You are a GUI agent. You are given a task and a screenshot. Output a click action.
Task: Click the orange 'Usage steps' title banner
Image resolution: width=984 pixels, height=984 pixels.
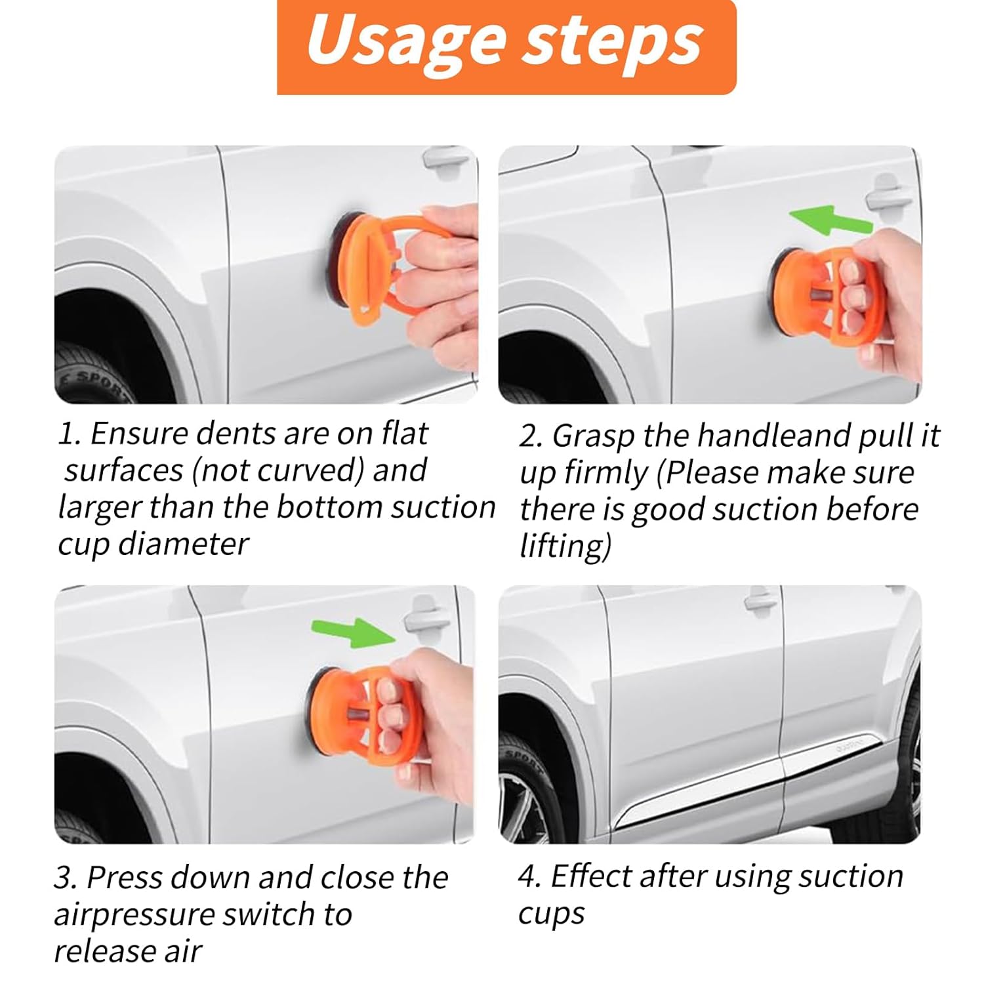tap(506, 47)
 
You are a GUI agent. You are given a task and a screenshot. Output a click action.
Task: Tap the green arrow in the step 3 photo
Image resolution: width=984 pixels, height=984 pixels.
tap(353, 632)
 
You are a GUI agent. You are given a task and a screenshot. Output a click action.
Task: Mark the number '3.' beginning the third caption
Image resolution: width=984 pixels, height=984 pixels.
tap(66, 878)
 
